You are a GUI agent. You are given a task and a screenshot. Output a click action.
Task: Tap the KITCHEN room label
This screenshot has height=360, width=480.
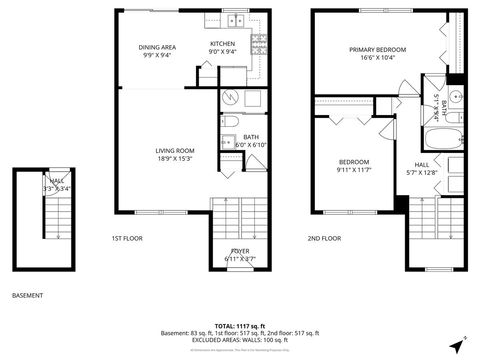tap(223, 44)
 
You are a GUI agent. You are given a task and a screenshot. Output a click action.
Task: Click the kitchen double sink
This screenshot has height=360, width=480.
tap(236, 20)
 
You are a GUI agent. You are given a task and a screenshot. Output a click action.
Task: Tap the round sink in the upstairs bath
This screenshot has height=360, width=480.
tap(453, 97)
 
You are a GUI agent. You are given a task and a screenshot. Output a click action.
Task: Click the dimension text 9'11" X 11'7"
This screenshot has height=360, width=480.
tap(353, 171)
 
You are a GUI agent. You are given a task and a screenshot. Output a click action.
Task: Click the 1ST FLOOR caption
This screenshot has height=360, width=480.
tap(127, 238)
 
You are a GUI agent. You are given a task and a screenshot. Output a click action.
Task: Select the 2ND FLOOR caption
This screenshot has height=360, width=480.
tap(324, 238)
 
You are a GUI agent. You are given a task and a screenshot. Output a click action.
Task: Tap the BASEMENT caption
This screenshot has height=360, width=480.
tap(27, 296)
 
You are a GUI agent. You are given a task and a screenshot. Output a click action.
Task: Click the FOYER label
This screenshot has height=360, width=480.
tap(240, 251)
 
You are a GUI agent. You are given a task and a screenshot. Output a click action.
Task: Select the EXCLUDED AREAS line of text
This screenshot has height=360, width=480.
tap(240, 340)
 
